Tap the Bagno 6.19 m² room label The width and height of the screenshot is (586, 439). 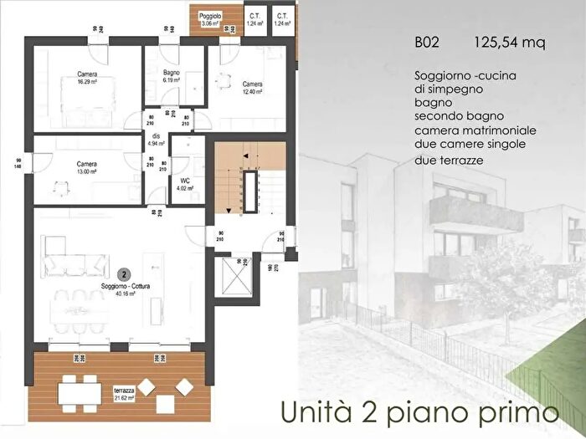173,77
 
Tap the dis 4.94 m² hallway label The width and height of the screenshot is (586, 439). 157,140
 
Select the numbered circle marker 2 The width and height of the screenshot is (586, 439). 123,273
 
